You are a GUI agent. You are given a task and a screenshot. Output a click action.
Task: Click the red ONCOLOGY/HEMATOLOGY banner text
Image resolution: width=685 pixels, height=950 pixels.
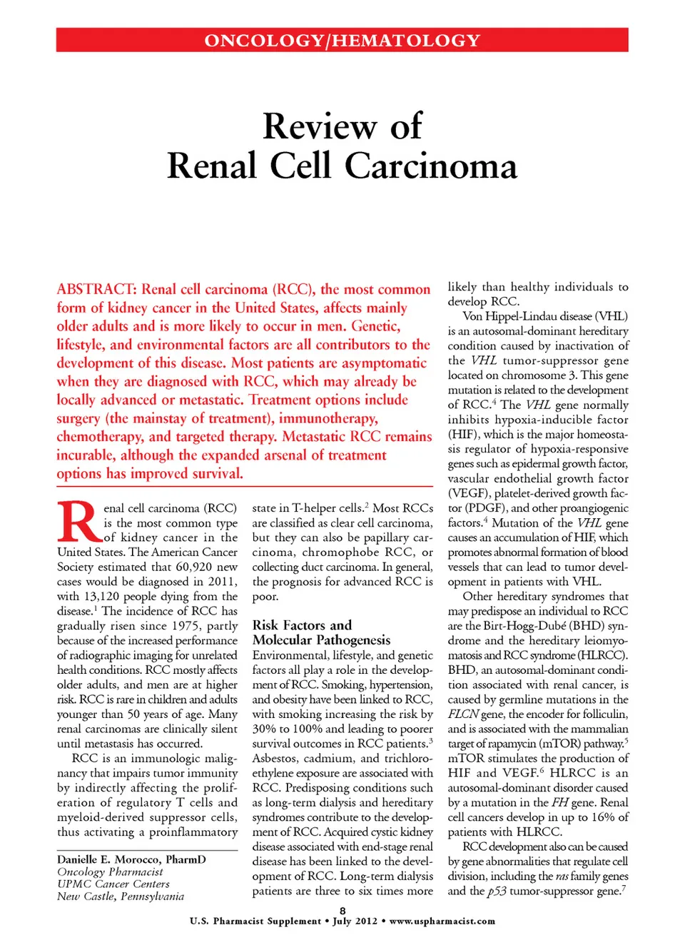[x=342, y=41]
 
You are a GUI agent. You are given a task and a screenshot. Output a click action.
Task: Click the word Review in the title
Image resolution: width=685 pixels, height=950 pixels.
[x=319, y=126]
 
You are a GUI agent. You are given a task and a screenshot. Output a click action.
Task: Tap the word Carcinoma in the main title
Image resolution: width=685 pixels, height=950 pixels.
[x=431, y=166]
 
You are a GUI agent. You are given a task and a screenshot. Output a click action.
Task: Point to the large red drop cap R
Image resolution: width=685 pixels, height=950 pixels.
[x=77, y=522]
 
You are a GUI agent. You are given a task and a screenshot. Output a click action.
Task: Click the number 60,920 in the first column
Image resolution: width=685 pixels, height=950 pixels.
[x=195, y=567]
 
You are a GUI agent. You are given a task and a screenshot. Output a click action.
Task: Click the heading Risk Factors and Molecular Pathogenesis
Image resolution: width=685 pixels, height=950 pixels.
[x=321, y=632]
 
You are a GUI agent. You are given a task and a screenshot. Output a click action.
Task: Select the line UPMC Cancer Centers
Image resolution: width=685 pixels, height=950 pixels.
[x=113, y=884]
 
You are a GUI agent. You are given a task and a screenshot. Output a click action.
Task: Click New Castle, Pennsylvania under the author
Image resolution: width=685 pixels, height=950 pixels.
[x=121, y=896]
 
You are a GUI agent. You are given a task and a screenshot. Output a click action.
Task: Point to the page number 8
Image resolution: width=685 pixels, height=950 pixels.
[x=342, y=911]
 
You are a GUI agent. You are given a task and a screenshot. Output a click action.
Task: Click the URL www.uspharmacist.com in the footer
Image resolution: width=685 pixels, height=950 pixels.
[x=442, y=921]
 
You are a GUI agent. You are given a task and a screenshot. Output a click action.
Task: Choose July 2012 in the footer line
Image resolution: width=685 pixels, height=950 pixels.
[x=355, y=921]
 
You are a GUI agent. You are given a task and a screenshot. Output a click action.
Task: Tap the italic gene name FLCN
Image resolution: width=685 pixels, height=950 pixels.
[x=462, y=714]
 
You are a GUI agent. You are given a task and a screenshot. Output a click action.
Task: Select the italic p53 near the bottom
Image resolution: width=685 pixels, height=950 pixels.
[x=497, y=891]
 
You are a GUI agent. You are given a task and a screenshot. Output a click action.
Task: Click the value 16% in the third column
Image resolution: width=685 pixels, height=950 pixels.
[x=602, y=817]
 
